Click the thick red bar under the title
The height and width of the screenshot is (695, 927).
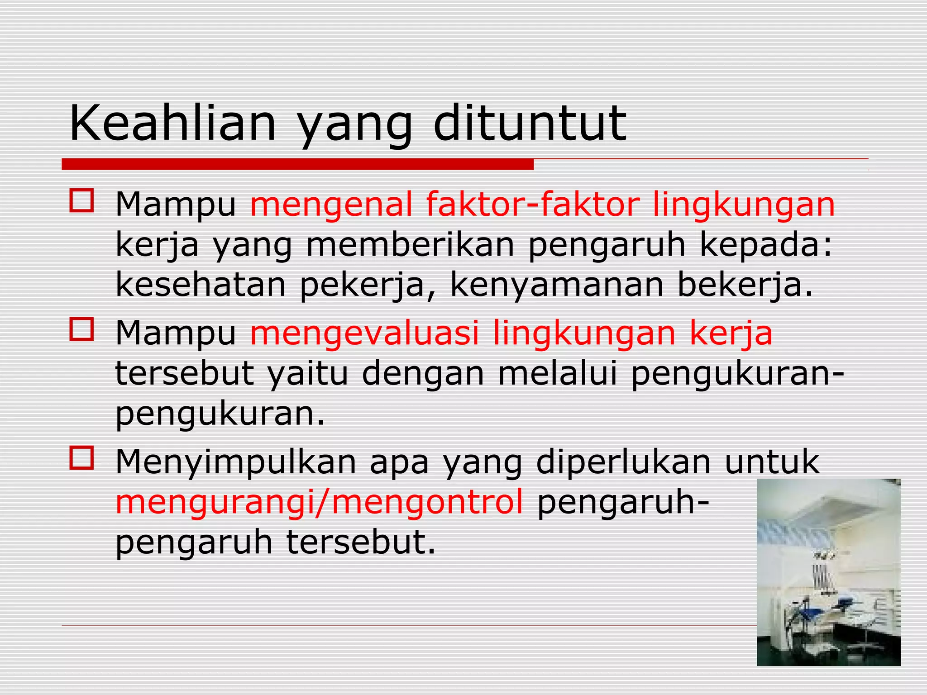point(297,164)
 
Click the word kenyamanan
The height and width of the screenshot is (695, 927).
point(557,286)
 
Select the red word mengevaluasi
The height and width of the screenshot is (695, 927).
point(364,333)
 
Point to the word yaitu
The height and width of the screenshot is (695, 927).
point(308,374)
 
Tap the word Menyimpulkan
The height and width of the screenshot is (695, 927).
point(236,462)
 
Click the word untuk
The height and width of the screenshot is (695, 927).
point(772,461)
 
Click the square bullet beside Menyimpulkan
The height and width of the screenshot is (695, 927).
point(82,457)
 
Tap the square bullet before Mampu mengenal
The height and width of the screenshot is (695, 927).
point(82,201)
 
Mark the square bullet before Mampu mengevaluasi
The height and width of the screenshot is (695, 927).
point(82,329)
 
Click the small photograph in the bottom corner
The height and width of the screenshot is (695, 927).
point(828,572)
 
